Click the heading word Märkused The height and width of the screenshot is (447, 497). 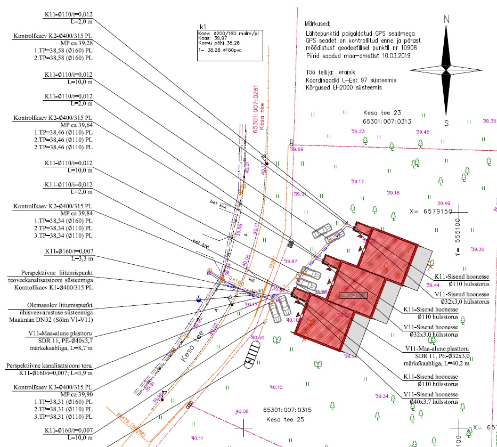click(x=315, y=25)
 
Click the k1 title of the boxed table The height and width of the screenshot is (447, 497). click(x=202, y=26)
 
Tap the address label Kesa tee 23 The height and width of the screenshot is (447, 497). click(x=381, y=113)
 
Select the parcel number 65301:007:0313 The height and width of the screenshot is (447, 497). click(x=387, y=121)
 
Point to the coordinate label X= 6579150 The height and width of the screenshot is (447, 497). click(x=430, y=211)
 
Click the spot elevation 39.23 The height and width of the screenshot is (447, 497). click(x=357, y=132)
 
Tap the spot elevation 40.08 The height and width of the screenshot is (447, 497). click(x=242, y=411)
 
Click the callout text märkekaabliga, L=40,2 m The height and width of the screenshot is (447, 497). click(x=437, y=363)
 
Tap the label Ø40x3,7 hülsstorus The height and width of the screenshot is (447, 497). click(x=431, y=401)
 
